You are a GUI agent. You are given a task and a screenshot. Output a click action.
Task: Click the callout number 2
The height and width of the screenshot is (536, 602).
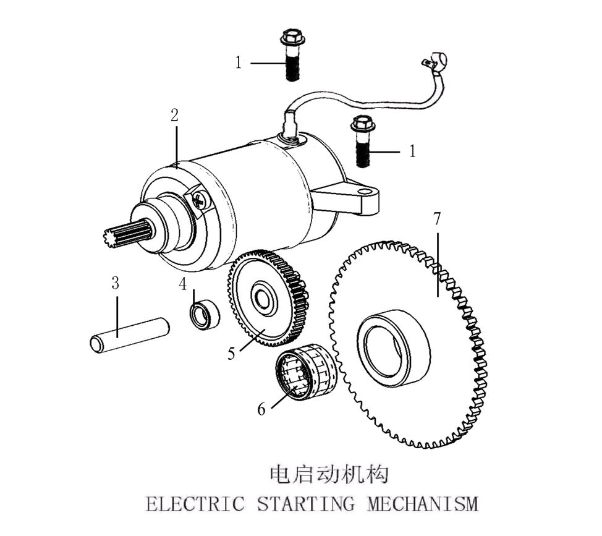[175, 115]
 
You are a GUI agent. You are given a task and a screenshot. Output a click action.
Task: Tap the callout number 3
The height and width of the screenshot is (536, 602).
[115, 283]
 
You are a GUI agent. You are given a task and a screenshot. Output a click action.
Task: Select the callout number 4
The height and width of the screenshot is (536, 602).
[182, 284]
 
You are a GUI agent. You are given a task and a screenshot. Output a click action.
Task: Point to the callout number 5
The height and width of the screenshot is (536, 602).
[231, 353]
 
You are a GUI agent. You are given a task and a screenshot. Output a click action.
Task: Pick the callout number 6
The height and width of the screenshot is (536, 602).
[261, 410]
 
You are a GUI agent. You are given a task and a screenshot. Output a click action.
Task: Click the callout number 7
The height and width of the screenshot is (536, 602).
[437, 218]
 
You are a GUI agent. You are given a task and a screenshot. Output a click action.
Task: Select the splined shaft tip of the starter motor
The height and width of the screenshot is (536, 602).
[126, 234]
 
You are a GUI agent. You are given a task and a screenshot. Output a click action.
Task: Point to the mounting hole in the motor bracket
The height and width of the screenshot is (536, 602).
[362, 190]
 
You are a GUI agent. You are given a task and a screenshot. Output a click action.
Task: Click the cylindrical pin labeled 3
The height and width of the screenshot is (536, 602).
[129, 334]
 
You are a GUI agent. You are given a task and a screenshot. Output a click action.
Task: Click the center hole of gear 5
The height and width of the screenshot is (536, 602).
[262, 296]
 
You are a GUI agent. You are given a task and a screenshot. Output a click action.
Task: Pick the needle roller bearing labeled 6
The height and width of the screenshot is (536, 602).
[305, 372]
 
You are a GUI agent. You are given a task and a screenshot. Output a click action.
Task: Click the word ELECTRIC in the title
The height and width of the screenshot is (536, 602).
[195, 504]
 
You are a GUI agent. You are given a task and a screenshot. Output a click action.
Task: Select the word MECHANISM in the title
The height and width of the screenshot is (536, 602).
[423, 504]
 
